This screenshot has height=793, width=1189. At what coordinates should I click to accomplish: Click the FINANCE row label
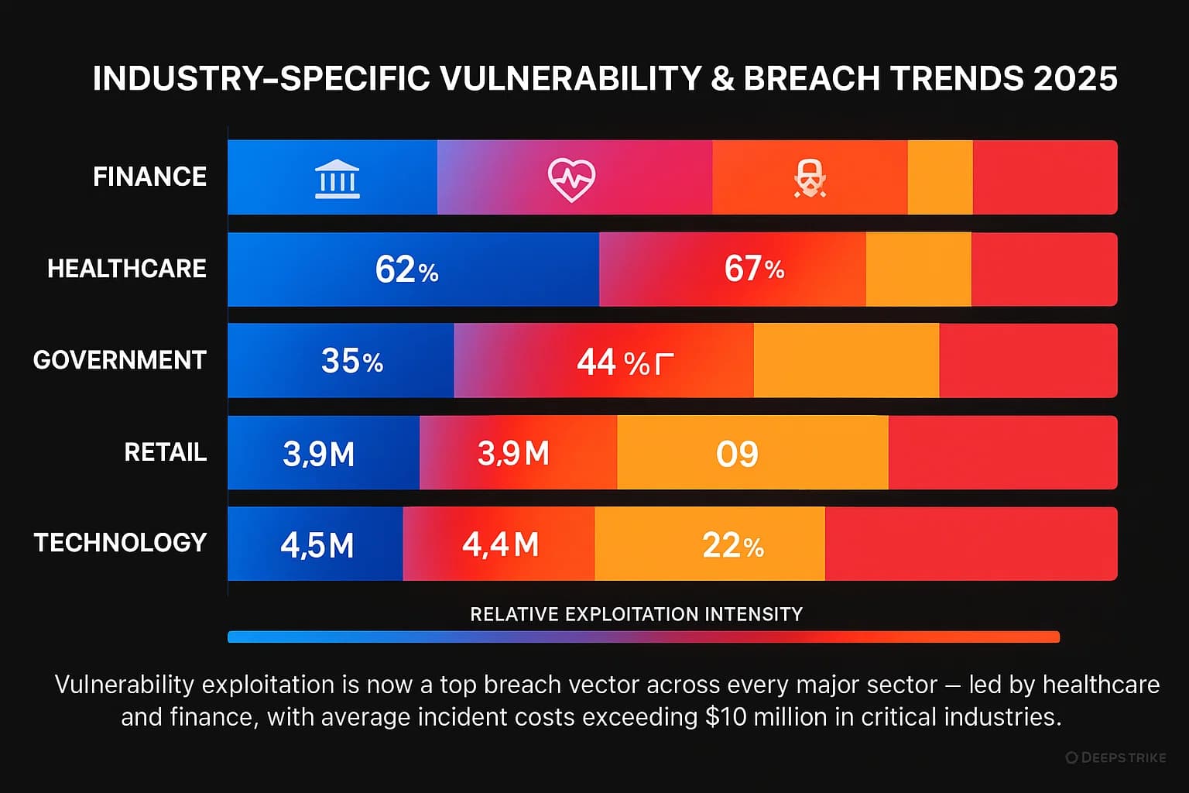(x=149, y=177)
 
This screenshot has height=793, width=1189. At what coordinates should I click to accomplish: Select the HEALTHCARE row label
(x=127, y=269)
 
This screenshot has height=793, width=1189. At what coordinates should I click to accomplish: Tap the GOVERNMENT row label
(x=120, y=360)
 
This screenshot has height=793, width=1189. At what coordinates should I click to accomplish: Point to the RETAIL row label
(x=166, y=452)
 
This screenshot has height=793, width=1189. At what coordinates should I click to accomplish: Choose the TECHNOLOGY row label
(x=121, y=543)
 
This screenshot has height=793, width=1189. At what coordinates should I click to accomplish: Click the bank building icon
(x=338, y=180)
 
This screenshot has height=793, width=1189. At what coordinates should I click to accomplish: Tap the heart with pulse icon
(x=571, y=180)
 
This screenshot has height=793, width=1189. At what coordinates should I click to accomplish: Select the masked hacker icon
(x=810, y=179)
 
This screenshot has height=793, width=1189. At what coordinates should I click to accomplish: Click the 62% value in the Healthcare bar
(x=406, y=269)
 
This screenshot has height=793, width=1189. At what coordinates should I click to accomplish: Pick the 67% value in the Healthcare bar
(x=754, y=269)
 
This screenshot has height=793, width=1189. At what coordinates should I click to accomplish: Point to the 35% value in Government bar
(x=352, y=361)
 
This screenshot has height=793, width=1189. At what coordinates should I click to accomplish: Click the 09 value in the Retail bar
(x=737, y=454)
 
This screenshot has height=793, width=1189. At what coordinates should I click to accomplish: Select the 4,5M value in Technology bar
(x=317, y=545)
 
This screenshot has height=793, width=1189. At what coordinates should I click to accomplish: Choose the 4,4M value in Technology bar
(x=501, y=544)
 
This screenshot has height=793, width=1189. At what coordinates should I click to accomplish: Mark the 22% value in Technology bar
(x=733, y=545)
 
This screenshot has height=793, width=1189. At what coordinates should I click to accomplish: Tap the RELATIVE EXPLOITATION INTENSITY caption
(x=636, y=614)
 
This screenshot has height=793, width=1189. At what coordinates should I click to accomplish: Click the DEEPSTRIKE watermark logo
(x=1115, y=757)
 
